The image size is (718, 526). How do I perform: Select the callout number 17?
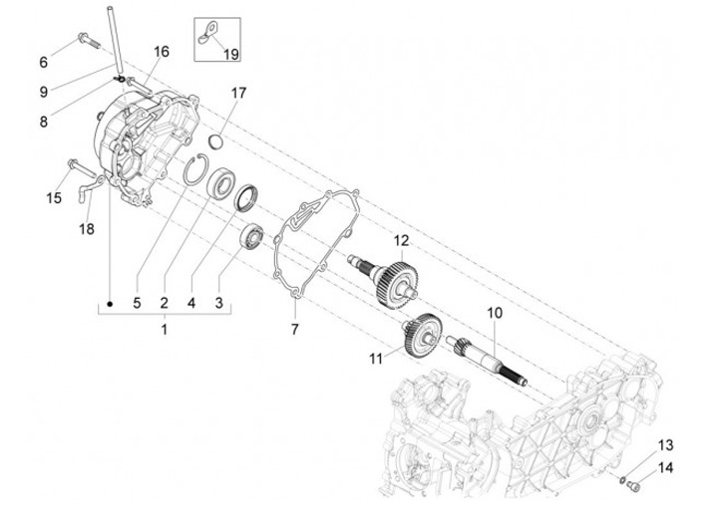click(238, 93)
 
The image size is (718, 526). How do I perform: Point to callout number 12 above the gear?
click(401, 240)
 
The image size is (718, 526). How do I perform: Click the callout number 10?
click(494, 313)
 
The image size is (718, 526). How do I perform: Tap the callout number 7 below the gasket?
click(294, 328)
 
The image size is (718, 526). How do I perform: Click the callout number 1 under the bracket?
click(166, 328)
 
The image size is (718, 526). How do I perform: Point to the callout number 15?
click(54, 197)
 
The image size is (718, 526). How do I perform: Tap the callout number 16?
click(162, 51)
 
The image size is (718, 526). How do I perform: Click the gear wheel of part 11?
click(422, 331)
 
